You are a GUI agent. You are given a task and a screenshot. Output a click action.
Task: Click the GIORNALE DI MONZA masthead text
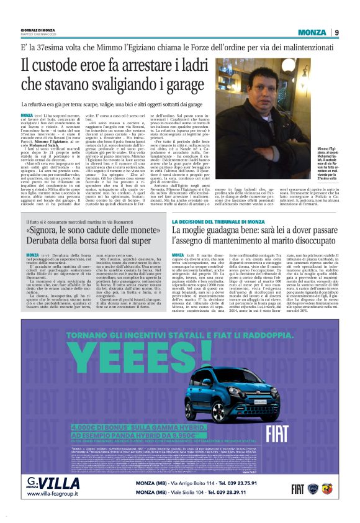coord(38,29)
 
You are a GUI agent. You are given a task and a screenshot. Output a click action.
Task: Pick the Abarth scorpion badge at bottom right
coord(328,489)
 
